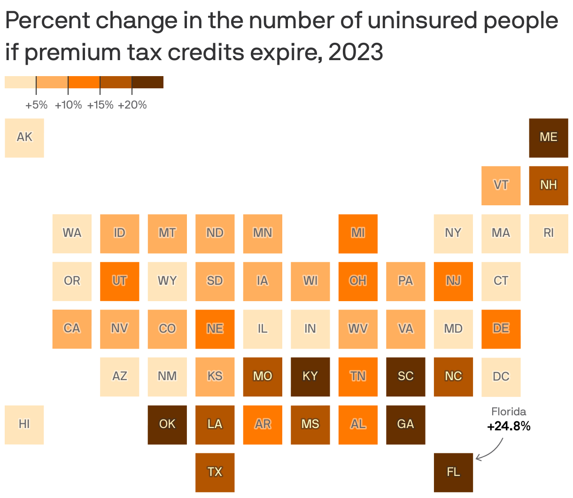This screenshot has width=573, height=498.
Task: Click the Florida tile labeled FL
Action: pos(453,472)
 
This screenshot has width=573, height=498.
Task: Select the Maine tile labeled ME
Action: pos(549,138)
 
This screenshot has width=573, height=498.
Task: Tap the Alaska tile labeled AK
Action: pos(24,138)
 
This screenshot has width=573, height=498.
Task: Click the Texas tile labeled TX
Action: pos(215,472)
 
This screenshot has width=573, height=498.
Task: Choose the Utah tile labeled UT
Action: pos(119,281)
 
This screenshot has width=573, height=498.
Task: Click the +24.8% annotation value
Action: pos(509,427)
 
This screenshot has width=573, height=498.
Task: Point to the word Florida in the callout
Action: pos(509,412)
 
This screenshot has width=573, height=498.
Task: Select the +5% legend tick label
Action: pos(36,105)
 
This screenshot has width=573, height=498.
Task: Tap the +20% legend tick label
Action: pos(132,105)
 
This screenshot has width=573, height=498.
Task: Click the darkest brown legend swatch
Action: pos(147,82)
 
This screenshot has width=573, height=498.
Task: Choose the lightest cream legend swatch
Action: pos(20,82)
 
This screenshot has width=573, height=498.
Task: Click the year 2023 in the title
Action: pos(356,52)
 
